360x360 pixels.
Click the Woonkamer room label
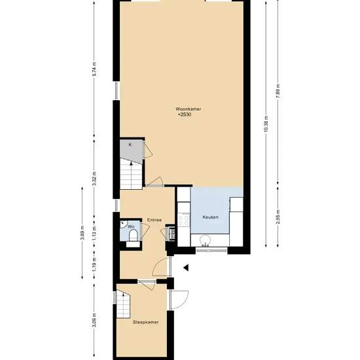[x=189, y=109]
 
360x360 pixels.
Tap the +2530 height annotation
[x=185, y=115]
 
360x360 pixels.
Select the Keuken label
[x=210, y=217]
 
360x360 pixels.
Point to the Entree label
[x=154, y=220]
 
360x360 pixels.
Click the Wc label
[x=131, y=227]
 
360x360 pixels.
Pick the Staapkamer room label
[x=146, y=322]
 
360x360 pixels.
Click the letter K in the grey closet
[x=130, y=145]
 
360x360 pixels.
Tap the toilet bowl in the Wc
[x=133, y=236]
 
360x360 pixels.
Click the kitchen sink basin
[x=205, y=241]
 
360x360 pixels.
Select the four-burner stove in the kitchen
[x=184, y=219]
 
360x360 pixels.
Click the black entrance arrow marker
[x=186, y=268]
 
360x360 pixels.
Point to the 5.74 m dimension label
[x=94, y=69]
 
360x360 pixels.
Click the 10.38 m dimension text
[x=266, y=124]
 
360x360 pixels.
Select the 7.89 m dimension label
[x=278, y=91]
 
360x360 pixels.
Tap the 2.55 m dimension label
[x=278, y=217]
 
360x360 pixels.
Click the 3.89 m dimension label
[x=82, y=233]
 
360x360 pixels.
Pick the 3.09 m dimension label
[x=94, y=321]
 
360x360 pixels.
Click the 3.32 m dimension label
[x=94, y=179]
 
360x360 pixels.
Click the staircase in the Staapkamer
[x=123, y=304]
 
